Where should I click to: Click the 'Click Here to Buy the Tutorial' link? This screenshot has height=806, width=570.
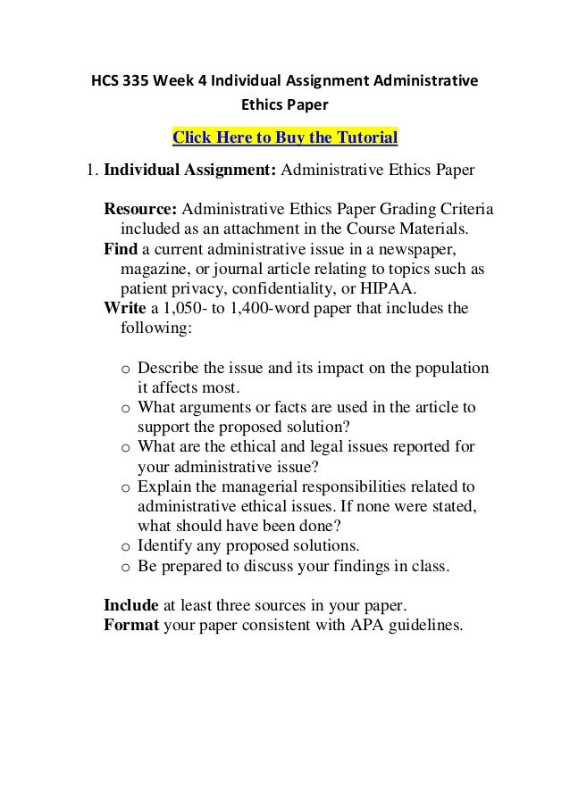(x=284, y=137)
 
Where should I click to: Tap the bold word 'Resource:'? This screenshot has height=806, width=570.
(x=140, y=210)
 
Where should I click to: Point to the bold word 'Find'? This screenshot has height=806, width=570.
(x=121, y=248)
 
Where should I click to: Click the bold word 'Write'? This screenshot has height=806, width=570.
(x=125, y=309)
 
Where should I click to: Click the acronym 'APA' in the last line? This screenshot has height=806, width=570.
(x=364, y=623)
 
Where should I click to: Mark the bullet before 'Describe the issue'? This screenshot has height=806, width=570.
(x=125, y=370)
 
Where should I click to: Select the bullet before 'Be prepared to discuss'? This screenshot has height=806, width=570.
(x=125, y=566)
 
